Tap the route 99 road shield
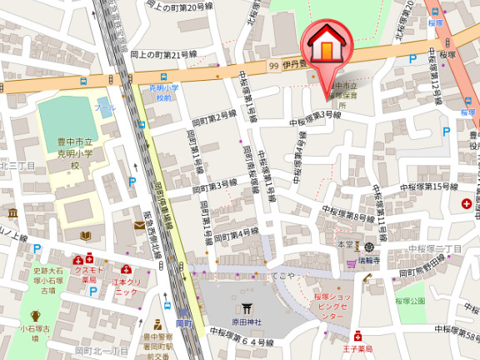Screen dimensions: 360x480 point(272,65)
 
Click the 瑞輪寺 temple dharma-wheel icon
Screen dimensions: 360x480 point(368,247)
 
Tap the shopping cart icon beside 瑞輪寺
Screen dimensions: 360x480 point(351,263)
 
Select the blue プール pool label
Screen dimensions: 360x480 point(105,108)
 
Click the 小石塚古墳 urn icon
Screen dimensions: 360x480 point(35,316)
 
